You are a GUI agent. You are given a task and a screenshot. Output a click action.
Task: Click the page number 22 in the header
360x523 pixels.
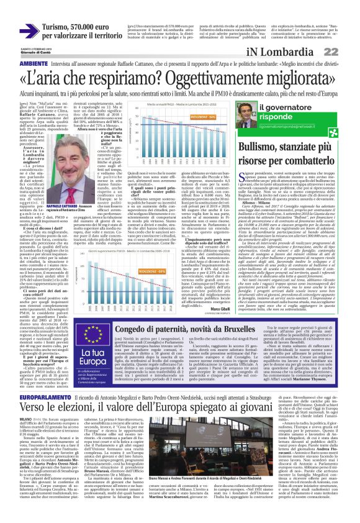point(347,53)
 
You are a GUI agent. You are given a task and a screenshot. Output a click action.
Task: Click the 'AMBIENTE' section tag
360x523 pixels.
point(17,64)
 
